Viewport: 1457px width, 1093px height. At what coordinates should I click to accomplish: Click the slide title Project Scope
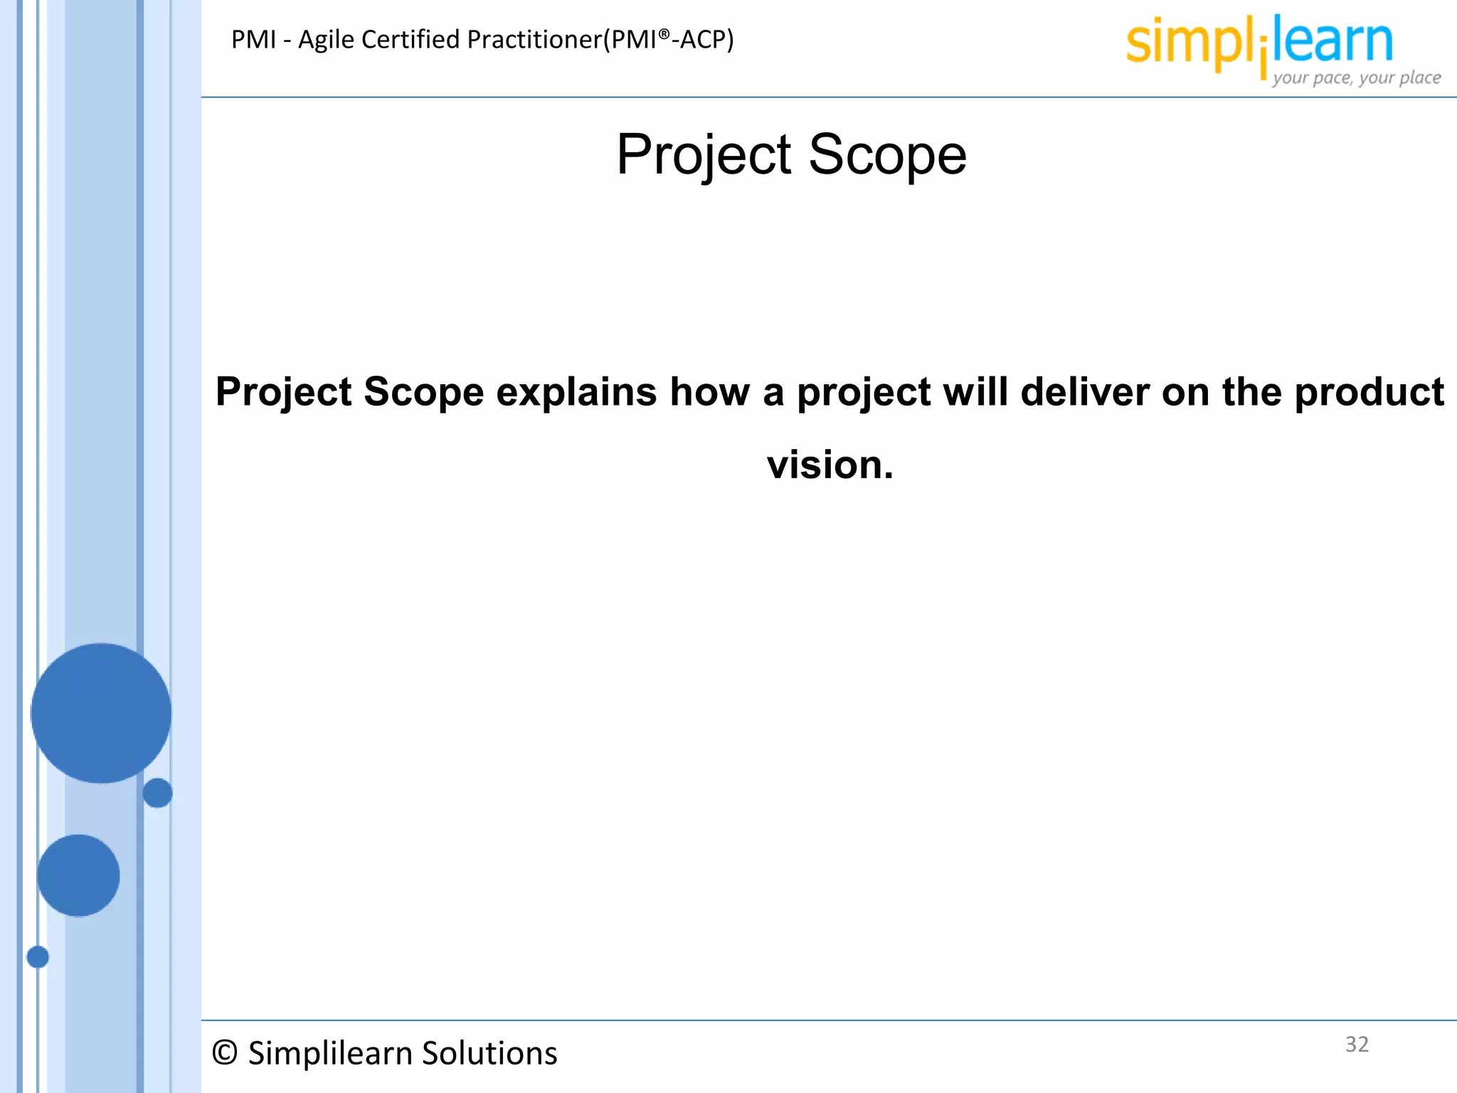[x=791, y=154]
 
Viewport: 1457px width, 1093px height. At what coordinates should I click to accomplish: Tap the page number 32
[x=1357, y=1044]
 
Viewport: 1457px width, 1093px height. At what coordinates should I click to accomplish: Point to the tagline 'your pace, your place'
[x=1357, y=78]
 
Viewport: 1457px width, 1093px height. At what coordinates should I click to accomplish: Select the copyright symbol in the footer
[x=225, y=1053]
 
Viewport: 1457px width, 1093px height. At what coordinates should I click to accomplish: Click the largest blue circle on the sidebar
[x=101, y=713]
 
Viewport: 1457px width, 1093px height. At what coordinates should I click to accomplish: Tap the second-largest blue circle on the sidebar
[x=78, y=875]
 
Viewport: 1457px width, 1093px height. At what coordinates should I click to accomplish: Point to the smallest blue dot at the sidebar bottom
[x=38, y=957]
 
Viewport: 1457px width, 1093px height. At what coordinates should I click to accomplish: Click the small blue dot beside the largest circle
[x=157, y=793]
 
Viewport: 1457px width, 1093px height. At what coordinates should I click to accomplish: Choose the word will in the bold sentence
[x=975, y=392]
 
